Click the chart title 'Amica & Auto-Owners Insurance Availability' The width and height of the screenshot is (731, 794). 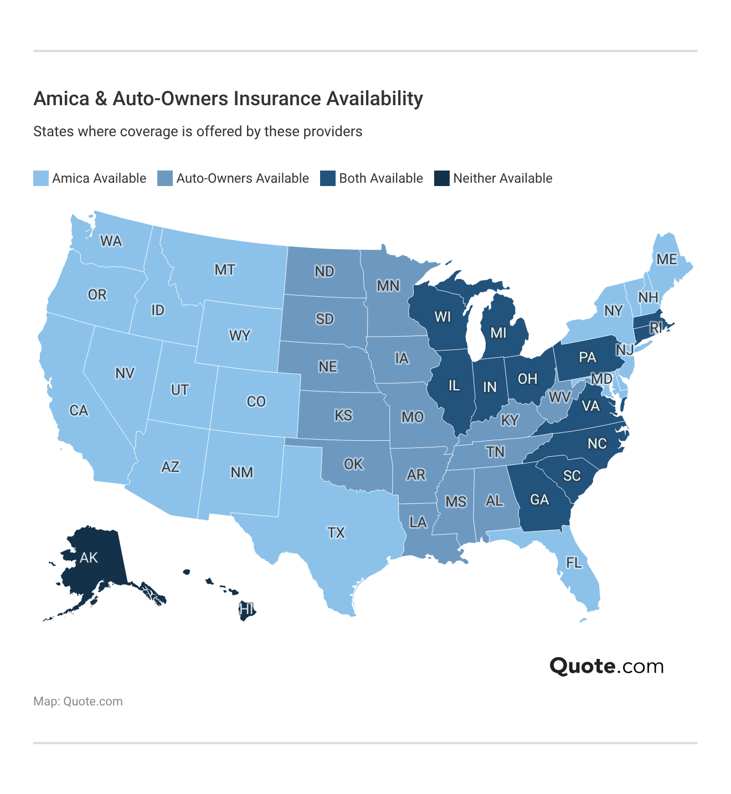click(228, 99)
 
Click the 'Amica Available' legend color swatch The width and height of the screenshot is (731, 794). click(41, 178)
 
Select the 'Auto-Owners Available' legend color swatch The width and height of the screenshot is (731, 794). click(165, 178)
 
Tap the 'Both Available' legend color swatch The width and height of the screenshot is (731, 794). click(328, 178)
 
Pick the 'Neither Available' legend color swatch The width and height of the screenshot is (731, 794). click(442, 178)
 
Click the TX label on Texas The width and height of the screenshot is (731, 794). click(336, 533)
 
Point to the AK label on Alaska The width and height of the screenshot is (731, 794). click(89, 557)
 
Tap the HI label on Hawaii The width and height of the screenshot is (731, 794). click(246, 610)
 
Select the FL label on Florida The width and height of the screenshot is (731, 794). click(574, 563)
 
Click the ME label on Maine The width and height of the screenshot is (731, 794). click(667, 259)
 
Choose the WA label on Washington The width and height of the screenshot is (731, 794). click(111, 241)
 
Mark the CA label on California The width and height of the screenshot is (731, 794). click(79, 410)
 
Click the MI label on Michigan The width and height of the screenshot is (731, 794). click(498, 333)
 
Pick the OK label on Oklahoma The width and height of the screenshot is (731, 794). click(353, 463)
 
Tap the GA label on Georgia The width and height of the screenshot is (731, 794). click(539, 500)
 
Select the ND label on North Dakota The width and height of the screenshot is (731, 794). click(325, 271)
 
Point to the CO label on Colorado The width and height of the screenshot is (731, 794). click(256, 401)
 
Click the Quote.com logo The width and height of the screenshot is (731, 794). click(606, 666)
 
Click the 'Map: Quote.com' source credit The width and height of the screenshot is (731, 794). click(78, 702)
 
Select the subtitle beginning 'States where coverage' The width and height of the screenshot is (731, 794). click(198, 132)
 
